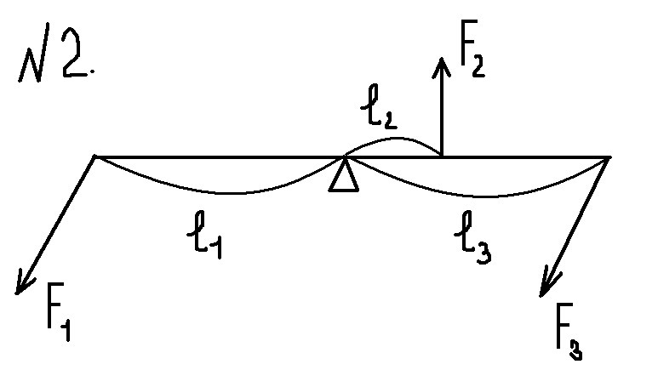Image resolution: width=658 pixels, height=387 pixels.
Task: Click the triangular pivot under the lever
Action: [344, 175]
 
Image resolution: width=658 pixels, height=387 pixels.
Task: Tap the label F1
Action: [59, 311]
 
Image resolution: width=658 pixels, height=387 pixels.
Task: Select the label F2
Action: [472, 48]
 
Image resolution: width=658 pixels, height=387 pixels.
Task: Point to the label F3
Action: [569, 331]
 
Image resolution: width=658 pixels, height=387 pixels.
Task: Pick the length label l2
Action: [379, 106]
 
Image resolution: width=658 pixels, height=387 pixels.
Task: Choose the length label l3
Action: [472, 237]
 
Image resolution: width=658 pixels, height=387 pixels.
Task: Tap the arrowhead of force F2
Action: [442, 66]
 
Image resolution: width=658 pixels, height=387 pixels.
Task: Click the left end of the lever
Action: [94, 157]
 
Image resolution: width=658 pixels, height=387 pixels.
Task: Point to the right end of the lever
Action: [609, 157]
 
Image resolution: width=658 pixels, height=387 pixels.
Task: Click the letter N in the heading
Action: [35, 53]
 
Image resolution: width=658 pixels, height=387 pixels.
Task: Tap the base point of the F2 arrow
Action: [442, 156]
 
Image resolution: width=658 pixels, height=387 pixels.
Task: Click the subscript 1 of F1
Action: [65, 330]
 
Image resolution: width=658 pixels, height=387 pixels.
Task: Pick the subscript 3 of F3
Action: [575, 349]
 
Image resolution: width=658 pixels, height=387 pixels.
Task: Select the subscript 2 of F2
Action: [478, 66]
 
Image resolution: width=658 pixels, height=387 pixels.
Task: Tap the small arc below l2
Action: [393, 138]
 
